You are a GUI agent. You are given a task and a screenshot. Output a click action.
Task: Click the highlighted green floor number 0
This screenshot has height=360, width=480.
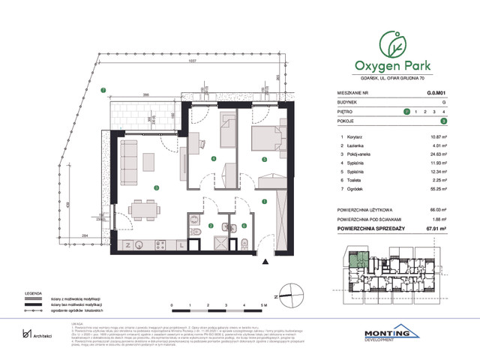pos(406,111)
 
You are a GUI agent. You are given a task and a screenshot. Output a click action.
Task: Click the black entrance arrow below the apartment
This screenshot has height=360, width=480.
pos(265,260)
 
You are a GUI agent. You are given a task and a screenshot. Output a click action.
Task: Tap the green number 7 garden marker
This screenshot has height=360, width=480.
pos(105,91)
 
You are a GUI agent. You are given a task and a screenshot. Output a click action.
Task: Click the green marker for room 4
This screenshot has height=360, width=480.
pos(214,159)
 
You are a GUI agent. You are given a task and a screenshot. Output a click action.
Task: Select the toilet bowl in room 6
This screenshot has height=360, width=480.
pos(245,241)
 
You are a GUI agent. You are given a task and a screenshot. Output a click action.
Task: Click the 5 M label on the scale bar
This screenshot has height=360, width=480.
pos(262,306)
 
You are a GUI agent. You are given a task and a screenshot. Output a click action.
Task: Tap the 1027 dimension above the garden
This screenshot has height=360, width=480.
pos(192,61)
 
